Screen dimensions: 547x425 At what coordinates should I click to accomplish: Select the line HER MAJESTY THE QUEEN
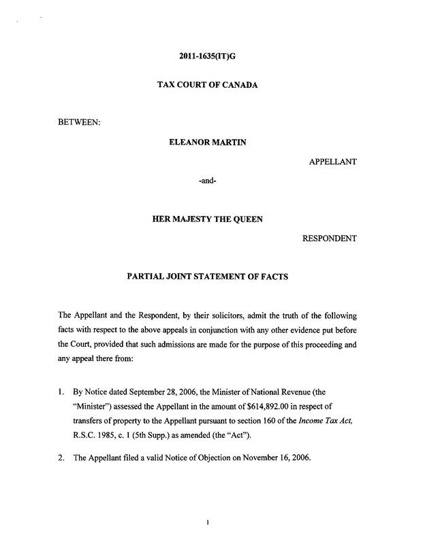[x=212, y=220]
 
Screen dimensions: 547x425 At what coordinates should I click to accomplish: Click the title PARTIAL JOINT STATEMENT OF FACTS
[x=212, y=277]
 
